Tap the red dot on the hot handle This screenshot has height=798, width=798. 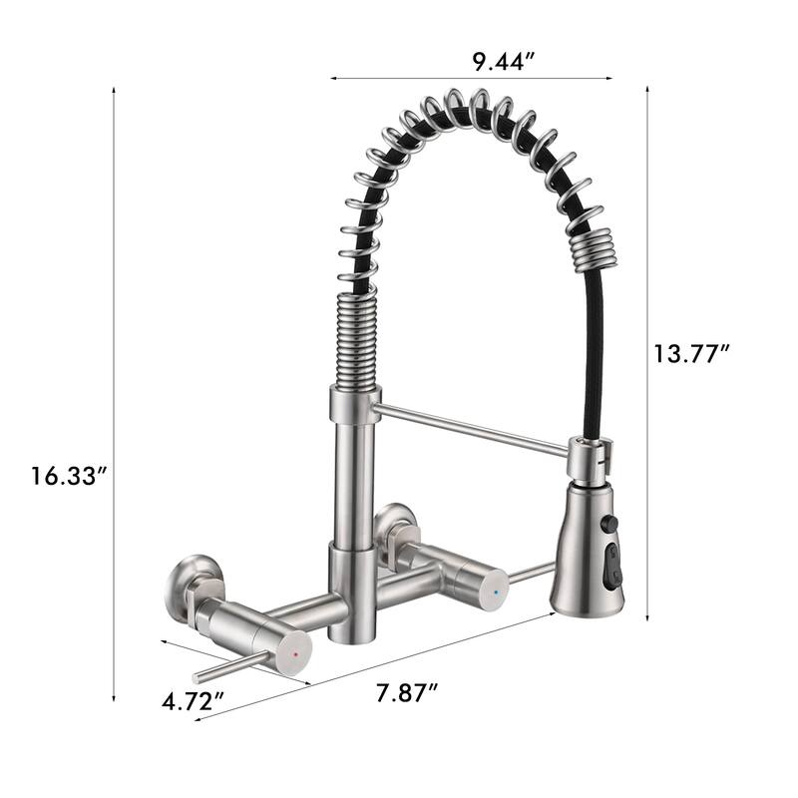tap(293, 656)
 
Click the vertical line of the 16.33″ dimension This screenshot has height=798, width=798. tap(115, 399)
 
